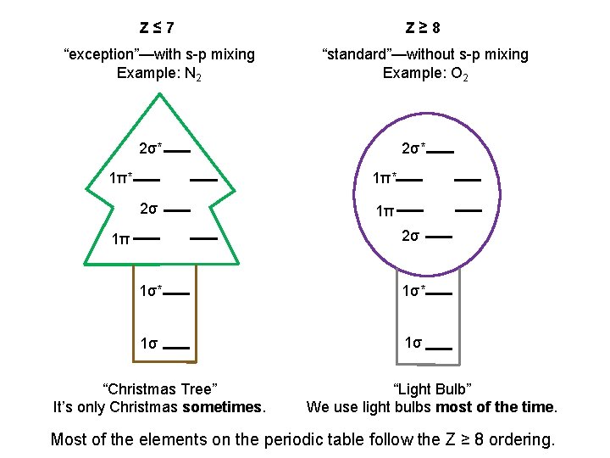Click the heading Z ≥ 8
423,27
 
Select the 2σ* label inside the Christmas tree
149,150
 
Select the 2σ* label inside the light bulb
413,150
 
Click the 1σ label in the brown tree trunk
149,343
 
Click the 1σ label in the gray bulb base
413,343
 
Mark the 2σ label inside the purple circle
410,235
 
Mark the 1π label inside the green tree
120,239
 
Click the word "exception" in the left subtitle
99,54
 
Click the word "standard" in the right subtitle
357,54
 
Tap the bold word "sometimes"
223,407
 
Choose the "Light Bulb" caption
432,389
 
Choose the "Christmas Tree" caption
159,389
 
